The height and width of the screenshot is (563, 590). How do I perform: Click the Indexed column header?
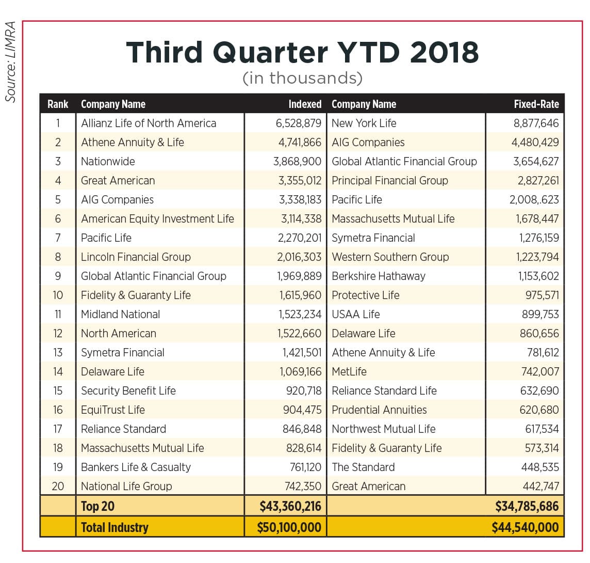pos(305,104)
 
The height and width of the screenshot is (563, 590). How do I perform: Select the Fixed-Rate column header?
pos(536,104)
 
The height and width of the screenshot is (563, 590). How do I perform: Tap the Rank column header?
pos(58,104)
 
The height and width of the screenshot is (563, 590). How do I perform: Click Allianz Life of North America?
pos(149,123)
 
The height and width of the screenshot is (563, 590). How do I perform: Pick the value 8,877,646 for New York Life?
pos(536,123)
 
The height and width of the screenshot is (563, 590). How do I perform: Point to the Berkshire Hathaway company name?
pos(379,276)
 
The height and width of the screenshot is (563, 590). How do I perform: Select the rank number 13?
pos(58,353)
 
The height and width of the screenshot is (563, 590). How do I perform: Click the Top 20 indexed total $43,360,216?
pos(290,506)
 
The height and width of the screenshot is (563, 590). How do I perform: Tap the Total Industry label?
pos(115,527)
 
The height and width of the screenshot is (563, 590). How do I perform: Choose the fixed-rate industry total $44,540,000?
pos(526,527)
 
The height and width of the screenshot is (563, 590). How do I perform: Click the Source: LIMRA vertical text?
pos(10,62)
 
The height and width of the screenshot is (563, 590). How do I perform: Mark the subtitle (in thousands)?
pos(303,78)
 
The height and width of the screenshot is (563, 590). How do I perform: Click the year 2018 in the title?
pos(444,52)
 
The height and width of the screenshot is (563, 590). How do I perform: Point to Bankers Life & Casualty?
pos(136,467)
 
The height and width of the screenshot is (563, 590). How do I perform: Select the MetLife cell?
pos(349,371)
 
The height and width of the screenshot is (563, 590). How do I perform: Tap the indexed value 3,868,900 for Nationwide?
pos(297,162)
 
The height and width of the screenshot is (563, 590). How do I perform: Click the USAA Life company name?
pos(355,314)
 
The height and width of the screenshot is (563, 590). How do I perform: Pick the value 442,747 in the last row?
pos(541,487)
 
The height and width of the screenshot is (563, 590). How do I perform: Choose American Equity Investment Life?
pos(158,219)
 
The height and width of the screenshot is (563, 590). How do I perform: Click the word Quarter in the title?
pos(270,53)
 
